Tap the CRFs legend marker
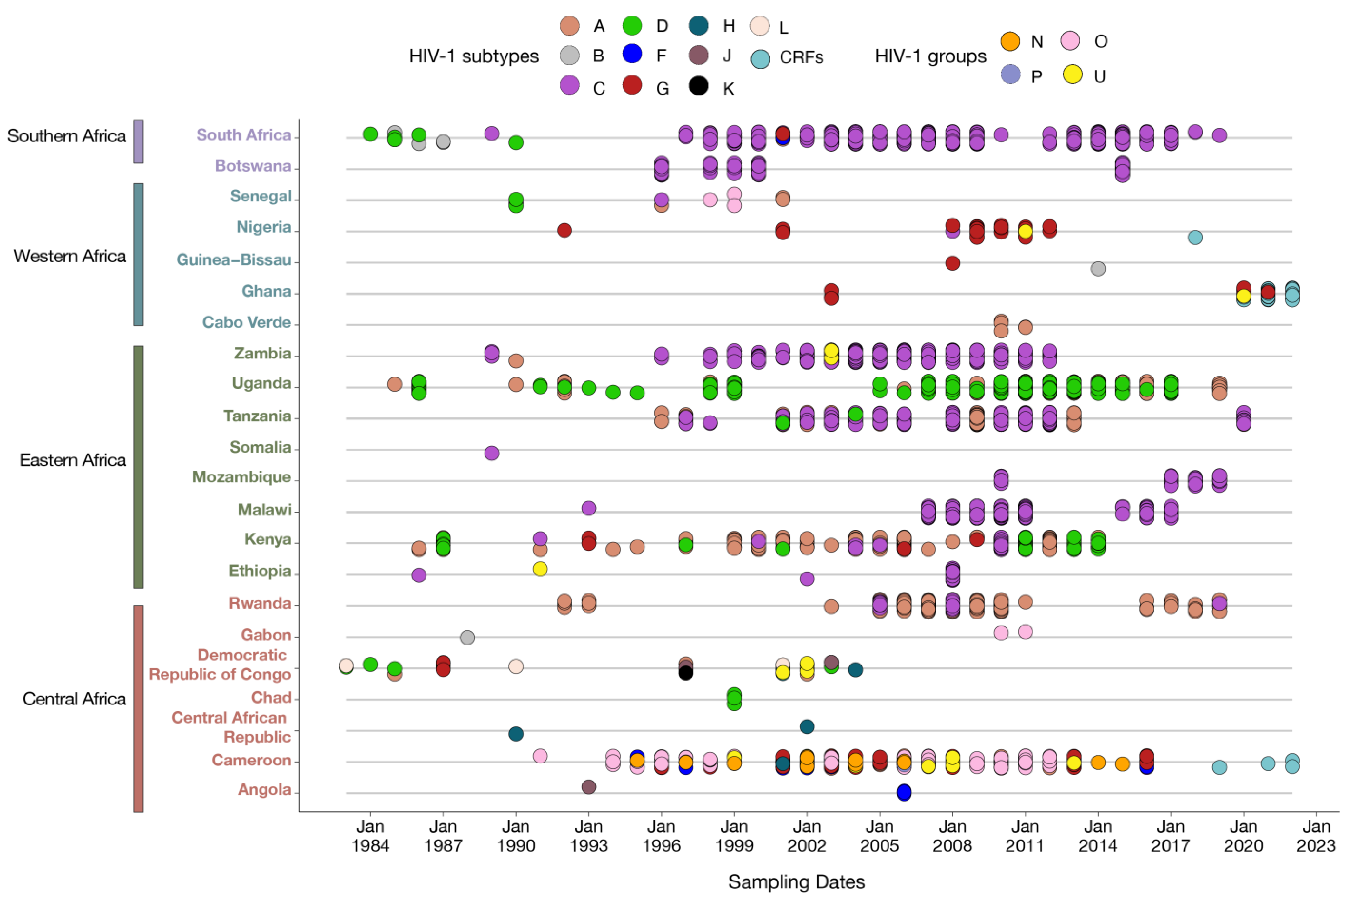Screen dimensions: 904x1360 click(760, 58)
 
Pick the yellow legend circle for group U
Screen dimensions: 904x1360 click(1072, 74)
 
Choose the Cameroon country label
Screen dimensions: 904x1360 click(251, 760)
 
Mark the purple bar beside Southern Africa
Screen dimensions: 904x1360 click(138, 141)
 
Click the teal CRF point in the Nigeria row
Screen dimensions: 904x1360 click(1195, 237)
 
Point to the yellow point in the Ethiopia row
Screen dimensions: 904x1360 click(540, 569)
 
